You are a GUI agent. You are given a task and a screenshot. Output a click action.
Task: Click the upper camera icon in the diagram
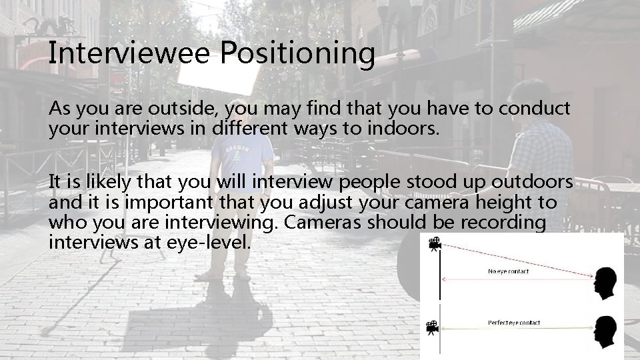point(434,243)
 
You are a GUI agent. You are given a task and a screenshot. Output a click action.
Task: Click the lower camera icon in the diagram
point(432,327)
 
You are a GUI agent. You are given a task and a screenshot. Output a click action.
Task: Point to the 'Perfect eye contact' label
point(514,323)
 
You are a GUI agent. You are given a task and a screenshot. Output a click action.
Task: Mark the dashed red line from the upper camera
point(520,261)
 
